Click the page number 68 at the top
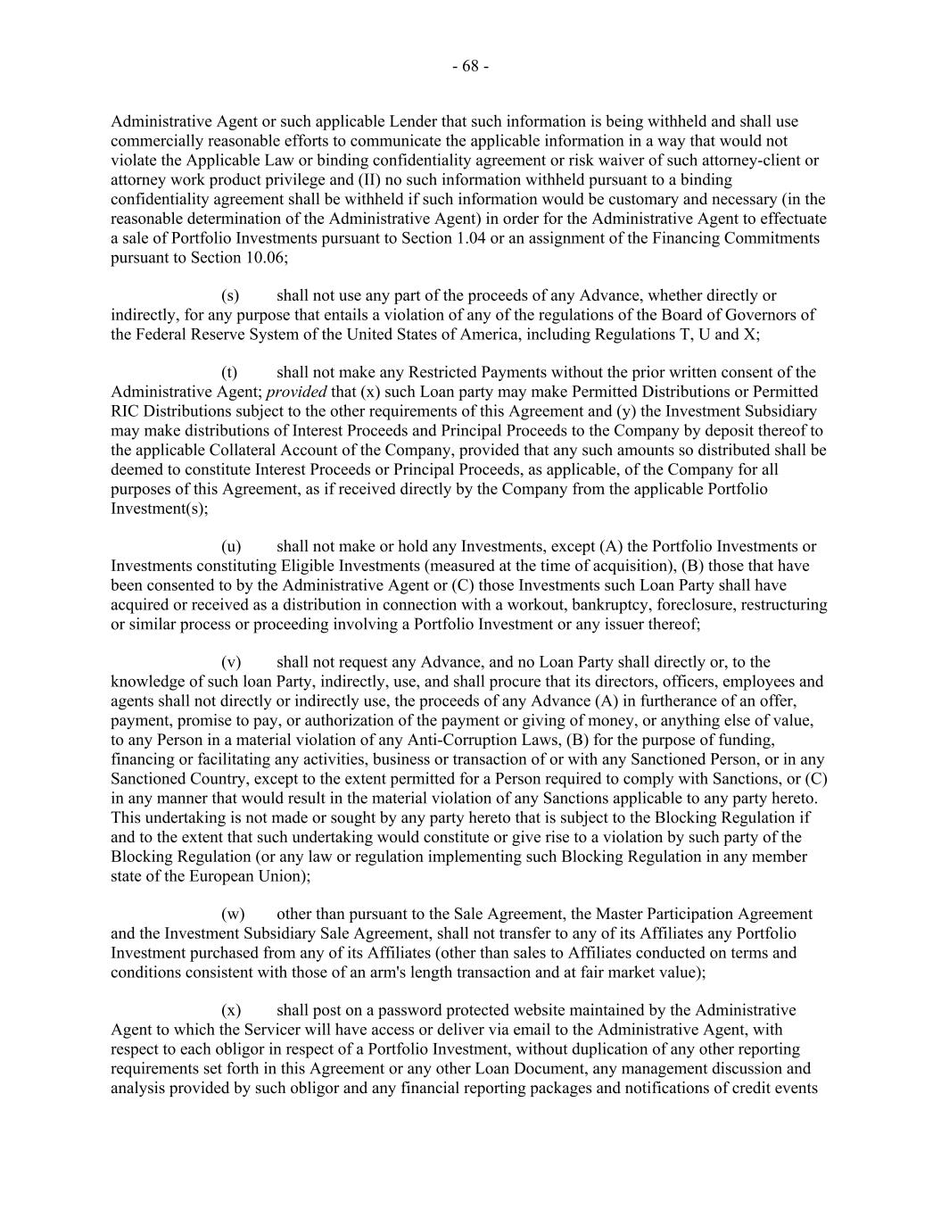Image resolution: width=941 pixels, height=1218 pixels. click(x=470, y=67)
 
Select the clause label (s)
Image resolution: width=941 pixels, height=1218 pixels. click(x=229, y=295)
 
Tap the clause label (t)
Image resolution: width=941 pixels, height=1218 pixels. click(x=228, y=372)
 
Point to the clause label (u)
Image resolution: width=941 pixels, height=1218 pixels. click(x=229, y=546)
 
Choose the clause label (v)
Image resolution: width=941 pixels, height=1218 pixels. click(x=230, y=662)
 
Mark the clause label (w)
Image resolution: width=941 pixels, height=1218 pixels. click(x=232, y=914)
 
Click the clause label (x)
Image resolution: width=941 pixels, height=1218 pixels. click(x=230, y=1010)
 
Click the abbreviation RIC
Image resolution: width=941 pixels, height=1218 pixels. click(x=123, y=411)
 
